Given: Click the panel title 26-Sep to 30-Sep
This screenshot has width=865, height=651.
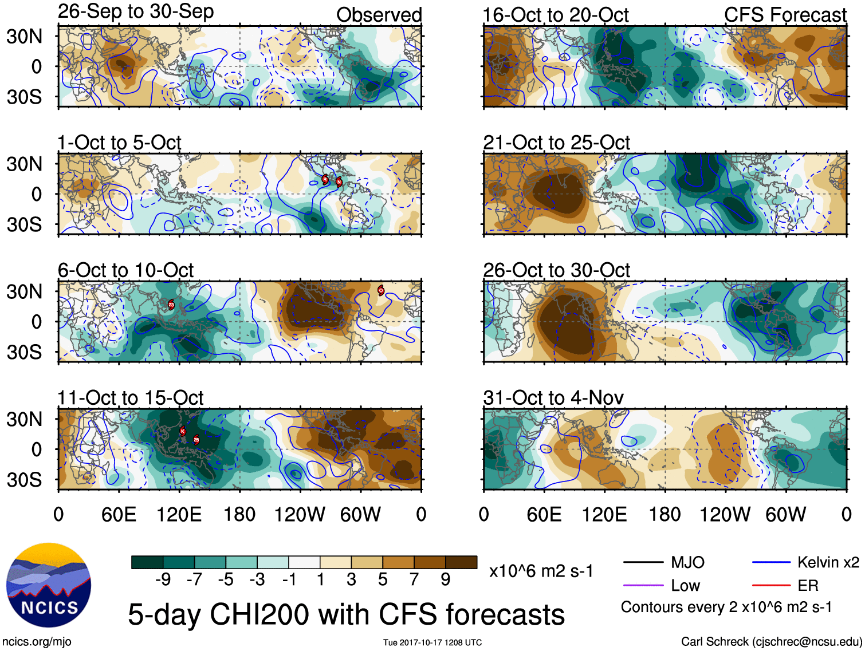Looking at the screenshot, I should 136,11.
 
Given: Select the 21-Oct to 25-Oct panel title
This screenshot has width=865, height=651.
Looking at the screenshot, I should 556,143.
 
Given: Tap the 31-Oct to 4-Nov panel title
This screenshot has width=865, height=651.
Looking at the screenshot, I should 553,397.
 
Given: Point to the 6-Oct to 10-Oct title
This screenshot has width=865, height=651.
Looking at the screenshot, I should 125,270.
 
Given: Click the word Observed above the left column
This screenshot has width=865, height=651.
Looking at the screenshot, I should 379,15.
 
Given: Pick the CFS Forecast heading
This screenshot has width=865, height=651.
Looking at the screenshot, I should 785,15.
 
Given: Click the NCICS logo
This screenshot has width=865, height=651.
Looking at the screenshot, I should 49,585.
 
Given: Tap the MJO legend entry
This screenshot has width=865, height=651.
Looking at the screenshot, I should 687,562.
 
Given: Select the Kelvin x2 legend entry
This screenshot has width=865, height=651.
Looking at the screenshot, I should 828,562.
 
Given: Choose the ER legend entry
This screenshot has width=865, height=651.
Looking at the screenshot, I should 808,586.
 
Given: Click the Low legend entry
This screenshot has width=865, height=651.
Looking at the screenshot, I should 685,586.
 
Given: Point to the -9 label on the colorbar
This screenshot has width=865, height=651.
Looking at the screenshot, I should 163,580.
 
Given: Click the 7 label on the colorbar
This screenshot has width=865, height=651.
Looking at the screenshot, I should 414,580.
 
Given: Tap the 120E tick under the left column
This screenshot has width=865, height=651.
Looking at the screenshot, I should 179,514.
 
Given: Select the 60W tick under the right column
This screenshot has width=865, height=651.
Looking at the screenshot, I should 785,514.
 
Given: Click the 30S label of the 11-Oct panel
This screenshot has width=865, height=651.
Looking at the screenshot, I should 24,480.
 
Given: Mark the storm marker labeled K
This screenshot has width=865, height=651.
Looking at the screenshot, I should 183,431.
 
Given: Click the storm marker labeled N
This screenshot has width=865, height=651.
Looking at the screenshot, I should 339,182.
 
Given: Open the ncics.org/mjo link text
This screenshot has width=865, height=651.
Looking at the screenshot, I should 37,642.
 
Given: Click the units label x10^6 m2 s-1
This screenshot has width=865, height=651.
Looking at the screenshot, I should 541,571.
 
